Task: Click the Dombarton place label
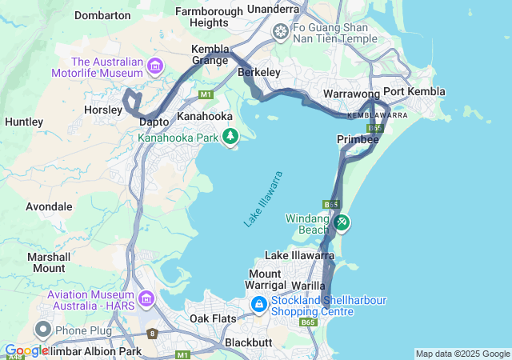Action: [102, 15]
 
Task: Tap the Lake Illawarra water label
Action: [264, 198]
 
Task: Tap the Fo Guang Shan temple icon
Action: [281, 32]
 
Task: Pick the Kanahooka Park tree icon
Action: [230, 137]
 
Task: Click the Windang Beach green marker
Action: [342, 222]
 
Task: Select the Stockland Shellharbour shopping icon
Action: [259, 305]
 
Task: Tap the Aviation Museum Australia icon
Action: [146, 299]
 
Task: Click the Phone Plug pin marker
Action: [43, 330]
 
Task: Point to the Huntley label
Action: [24, 122]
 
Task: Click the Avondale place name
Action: [49, 206]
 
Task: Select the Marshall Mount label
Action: [49, 262]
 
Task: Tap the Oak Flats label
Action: [212, 319]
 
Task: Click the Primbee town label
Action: [358, 139]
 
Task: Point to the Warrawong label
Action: [350, 94]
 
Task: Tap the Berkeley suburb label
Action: [259, 73]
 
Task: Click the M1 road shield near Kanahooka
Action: [206, 95]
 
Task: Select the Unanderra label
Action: [274, 9]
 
